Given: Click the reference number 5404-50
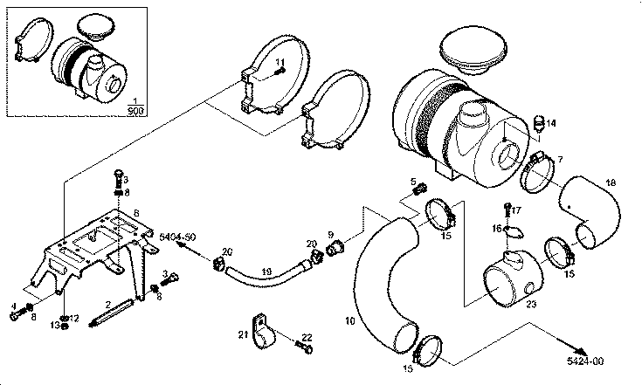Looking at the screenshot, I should (x=177, y=237).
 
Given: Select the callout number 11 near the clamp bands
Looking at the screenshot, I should (x=281, y=62).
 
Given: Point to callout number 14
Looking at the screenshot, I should (x=551, y=123).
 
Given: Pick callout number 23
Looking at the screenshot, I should (x=531, y=303).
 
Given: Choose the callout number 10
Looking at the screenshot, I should (x=349, y=321).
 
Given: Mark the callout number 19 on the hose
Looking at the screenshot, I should (x=267, y=271).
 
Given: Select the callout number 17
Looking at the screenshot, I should (x=515, y=210).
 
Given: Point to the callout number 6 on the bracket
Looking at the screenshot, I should (x=135, y=212).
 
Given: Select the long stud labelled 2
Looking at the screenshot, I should (x=113, y=311).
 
